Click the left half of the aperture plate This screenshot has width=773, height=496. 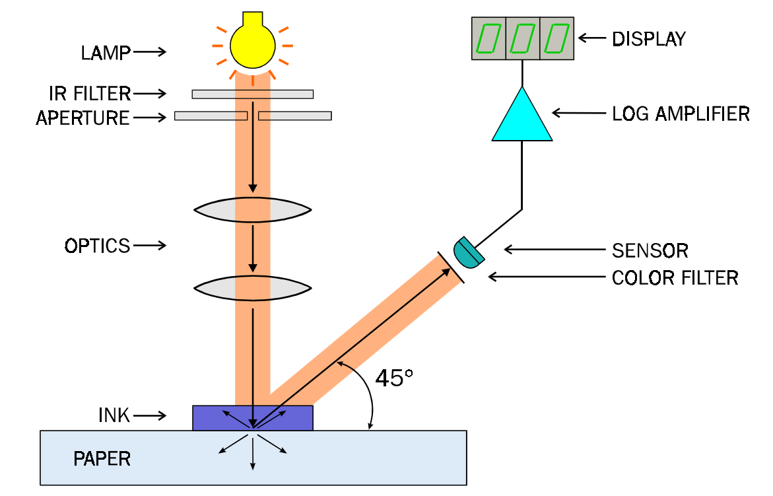coord(210,116)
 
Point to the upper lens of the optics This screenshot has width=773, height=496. coord(252,209)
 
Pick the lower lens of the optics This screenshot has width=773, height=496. coord(252,288)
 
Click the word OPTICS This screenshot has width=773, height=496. coord(97,246)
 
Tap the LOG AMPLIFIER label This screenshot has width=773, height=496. coord(681,114)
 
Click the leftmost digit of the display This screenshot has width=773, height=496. coord(488,38)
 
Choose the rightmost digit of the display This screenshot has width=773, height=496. coord(556,38)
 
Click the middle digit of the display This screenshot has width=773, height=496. coord(522,38)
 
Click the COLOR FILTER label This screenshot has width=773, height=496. coord(675,278)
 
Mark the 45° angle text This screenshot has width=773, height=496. coord(394,378)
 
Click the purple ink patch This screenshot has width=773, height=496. coord(211,417)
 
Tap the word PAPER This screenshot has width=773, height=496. coord(102,458)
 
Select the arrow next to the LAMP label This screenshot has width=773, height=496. coord(150,52)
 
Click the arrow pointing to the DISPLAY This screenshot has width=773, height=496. coord(591,38)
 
